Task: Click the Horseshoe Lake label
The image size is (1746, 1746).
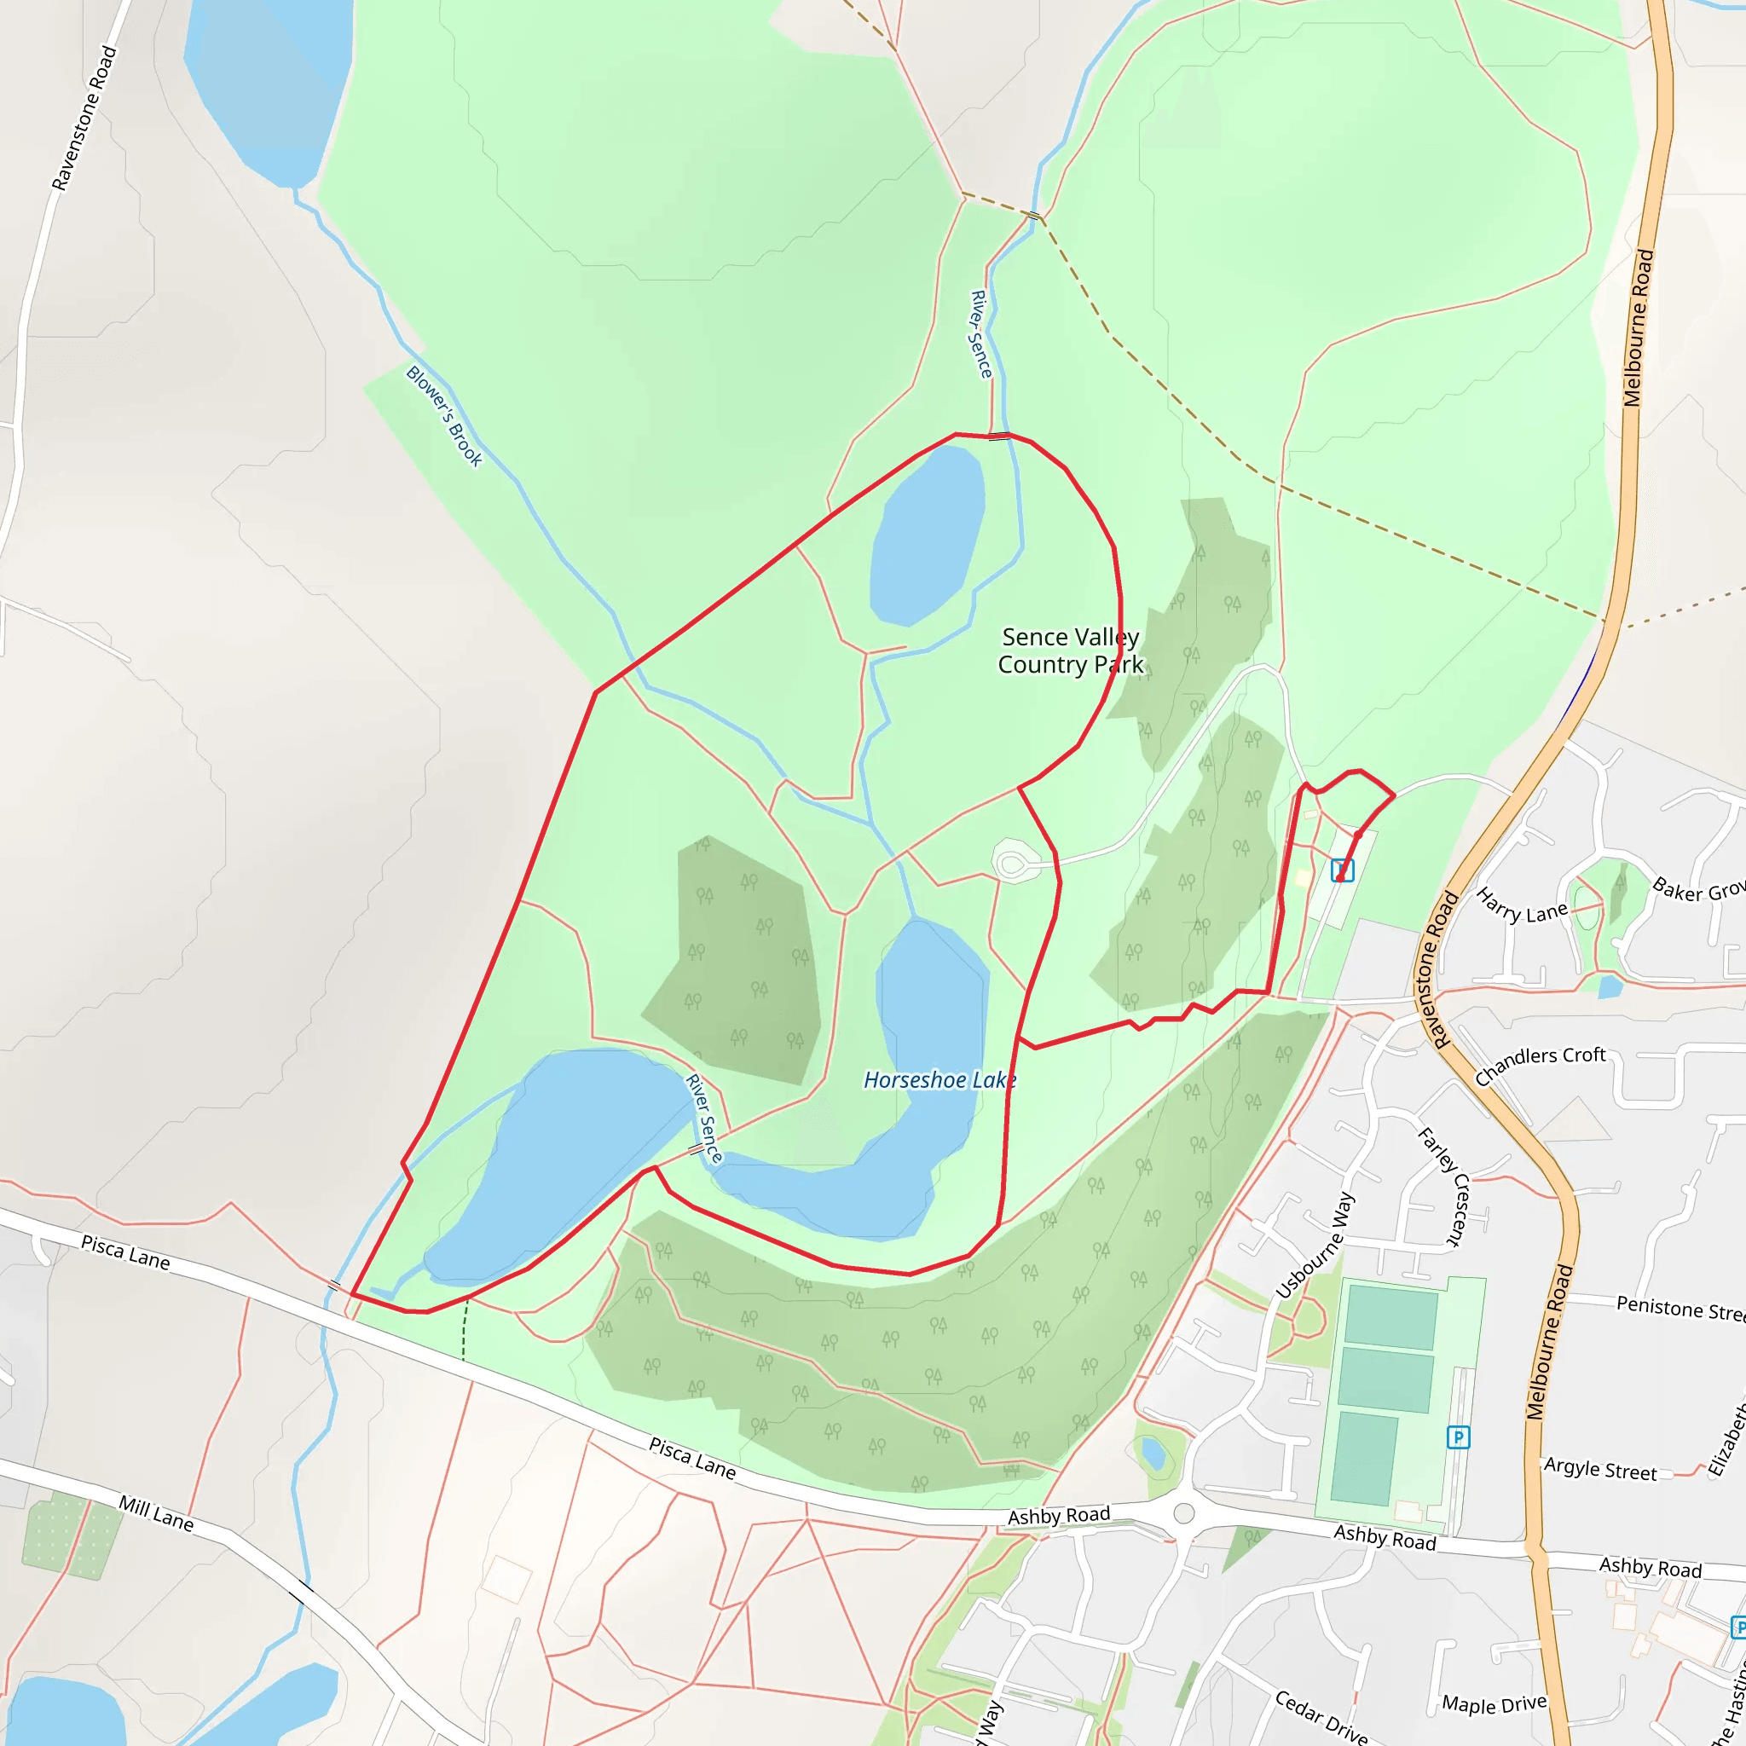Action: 939,1080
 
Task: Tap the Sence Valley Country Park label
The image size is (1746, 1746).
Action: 1070,650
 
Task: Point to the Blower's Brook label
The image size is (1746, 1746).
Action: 443,416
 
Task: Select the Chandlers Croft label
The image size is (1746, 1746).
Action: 1540,1066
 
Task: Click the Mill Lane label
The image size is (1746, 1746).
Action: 156,1513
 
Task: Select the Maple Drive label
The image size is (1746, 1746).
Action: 1494,1704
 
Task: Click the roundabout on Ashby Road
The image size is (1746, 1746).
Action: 1184,1513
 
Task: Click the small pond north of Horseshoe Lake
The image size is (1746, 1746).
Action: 928,537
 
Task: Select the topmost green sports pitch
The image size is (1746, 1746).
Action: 1390,1319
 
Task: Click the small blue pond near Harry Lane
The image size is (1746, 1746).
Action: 1610,986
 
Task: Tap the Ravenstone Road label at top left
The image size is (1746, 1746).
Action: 84,119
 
